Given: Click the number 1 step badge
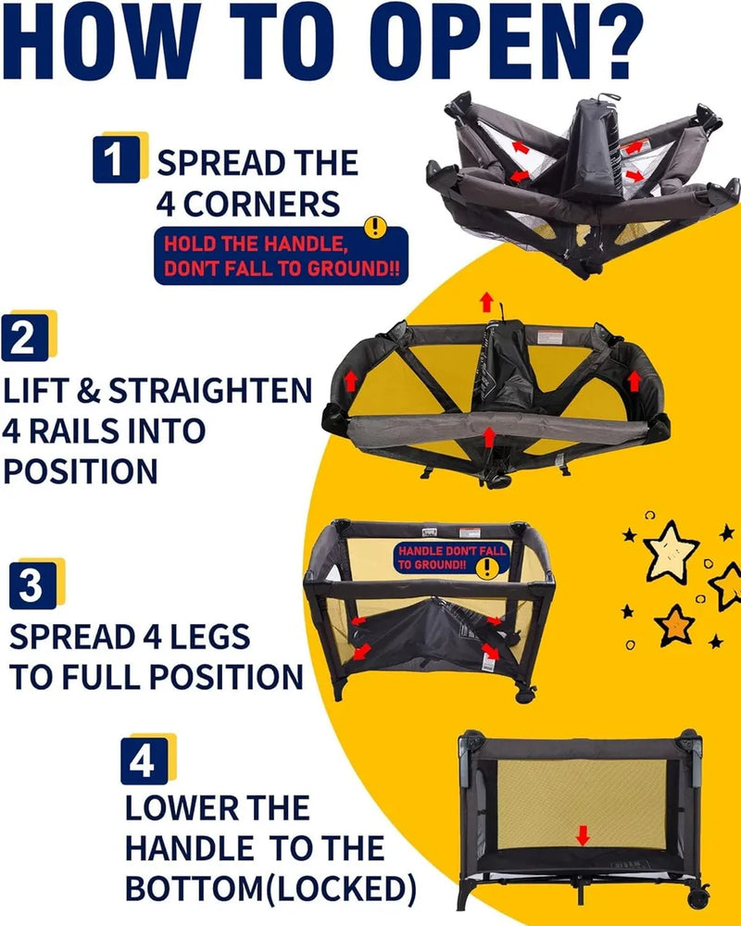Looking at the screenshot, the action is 117,158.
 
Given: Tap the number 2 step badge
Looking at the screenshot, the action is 25,338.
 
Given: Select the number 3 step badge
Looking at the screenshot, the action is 33,585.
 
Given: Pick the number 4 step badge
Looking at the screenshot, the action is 144,760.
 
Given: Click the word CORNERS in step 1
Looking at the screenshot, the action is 261,205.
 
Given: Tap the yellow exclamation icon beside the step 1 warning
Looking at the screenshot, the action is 375,227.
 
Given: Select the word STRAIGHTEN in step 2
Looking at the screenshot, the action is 210,391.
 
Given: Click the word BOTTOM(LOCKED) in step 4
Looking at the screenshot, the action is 270,888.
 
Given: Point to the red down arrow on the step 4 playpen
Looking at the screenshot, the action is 583,835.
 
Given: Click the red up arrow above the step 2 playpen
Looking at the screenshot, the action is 486,302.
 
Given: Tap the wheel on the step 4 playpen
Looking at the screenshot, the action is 698,897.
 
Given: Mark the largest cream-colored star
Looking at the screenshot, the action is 670,553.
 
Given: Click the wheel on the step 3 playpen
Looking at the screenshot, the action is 525,694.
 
